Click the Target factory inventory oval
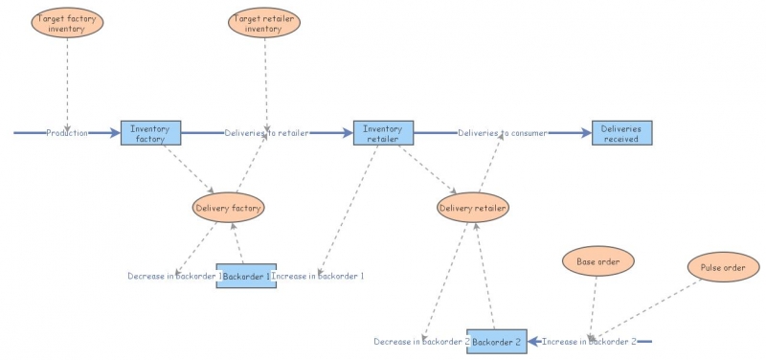click(67, 23)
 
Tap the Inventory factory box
click(150, 133)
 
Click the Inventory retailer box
click(383, 133)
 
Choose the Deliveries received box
click(620, 133)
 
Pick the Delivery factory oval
click(228, 207)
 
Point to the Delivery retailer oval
click(473, 207)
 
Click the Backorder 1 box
click(246, 276)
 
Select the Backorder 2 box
click(496, 341)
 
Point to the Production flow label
click(67, 133)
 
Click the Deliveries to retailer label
click(266, 133)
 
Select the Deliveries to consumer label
click(502, 133)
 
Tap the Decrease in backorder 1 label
click(174, 277)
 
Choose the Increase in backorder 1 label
click(319, 277)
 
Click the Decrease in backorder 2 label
click(421, 342)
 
